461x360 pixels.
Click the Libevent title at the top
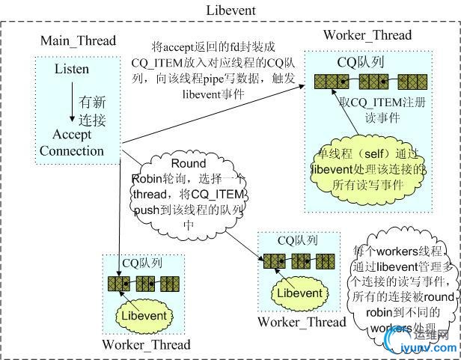tap(230, 10)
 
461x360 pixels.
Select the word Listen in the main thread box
tap(72, 70)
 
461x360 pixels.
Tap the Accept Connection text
tap(72, 142)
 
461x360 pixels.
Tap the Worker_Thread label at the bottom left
tap(147, 345)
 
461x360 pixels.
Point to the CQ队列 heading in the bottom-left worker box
tap(141, 263)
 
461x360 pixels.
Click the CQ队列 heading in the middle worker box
tap(297, 240)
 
